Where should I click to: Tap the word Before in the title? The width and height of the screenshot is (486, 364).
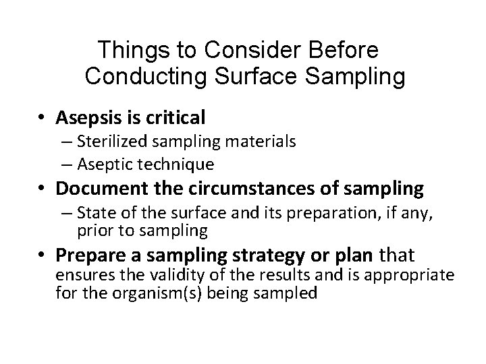pyautogui.click(x=346, y=51)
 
